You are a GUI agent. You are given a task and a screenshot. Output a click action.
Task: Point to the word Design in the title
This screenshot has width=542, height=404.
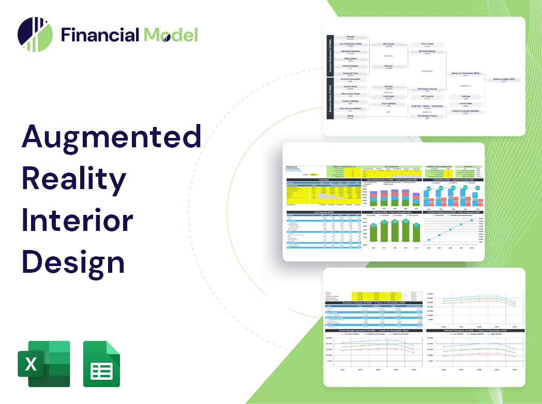click(x=73, y=262)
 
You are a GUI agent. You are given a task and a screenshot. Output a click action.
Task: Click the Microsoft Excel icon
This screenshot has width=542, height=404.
click(x=43, y=364)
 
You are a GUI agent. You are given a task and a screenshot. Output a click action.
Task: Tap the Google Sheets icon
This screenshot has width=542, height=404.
click(x=101, y=364)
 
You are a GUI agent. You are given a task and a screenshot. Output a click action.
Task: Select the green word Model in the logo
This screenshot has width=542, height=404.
click(x=171, y=35)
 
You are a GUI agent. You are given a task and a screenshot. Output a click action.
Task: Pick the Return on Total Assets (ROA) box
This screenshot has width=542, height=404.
click(x=465, y=74)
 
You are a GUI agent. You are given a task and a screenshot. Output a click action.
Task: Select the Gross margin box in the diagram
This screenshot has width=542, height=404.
click(x=427, y=45)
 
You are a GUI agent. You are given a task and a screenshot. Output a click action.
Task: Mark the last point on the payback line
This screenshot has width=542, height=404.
click(x=471, y=221)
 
